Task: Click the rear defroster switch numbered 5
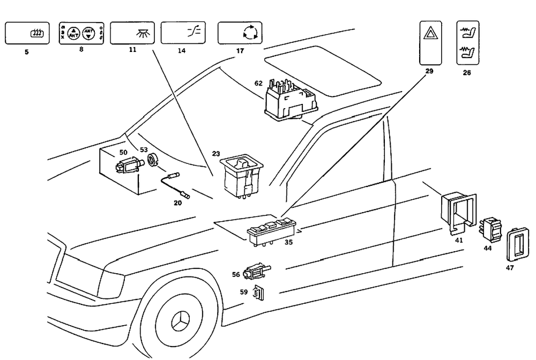click(27, 33)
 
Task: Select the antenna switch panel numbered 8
click(80, 34)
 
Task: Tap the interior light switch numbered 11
click(132, 33)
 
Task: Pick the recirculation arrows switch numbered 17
click(240, 33)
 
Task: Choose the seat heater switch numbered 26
click(467, 43)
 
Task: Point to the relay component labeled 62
click(289, 99)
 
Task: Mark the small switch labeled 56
click(256, 273)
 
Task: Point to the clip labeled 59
click(259, 293)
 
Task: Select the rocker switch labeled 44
click(489, 228)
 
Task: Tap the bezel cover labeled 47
click(516, 244)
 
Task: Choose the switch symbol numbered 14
click(183, 33)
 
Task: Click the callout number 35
click(288, 242)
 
